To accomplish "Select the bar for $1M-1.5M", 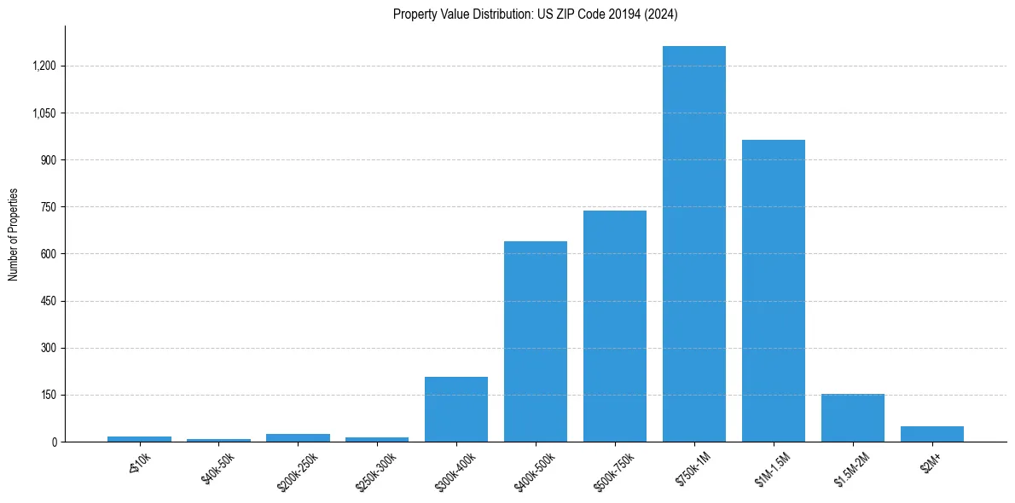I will (x=773, y=291).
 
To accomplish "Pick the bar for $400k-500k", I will (x=535, y=341).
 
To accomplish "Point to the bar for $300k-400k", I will (x=455, y=409).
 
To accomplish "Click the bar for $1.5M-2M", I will (x=852, y=418).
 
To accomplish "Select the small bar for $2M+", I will (x=931, y=434).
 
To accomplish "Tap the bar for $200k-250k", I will (x=298, y=437).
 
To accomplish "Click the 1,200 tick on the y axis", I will (x=44, y=66).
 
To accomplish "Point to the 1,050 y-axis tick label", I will (x=44, y=113).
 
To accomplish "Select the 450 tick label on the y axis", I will (x=49, y=301).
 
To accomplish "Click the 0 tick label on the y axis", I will (x=54, y=442).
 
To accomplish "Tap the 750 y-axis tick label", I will (x=49, y=207).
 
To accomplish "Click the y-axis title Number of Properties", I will (x=14, y=234).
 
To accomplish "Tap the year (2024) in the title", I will (x=661, y=14).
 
